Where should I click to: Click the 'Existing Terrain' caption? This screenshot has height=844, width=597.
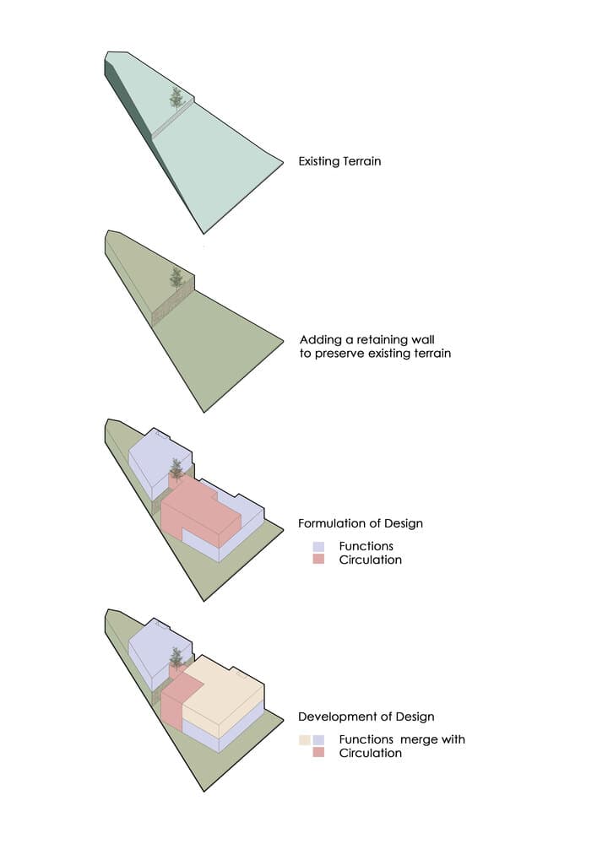tap(339, 161)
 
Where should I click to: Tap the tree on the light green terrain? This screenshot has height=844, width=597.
tap(176, 98)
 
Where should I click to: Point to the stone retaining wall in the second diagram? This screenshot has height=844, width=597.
tap(172, 302)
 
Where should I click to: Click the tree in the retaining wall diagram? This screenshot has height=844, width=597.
tap(176, 279)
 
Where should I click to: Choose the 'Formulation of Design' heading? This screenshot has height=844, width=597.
tap(361, 523)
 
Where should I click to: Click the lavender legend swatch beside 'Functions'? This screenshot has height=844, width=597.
tap(318, 546)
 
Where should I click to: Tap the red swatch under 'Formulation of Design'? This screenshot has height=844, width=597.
tap(318, 560)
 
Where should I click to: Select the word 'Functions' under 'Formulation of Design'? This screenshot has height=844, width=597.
tap(366, 546)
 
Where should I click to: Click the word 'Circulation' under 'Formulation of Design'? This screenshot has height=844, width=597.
tap(371, 560)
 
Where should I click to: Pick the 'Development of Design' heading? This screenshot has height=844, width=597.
tap(366, 717)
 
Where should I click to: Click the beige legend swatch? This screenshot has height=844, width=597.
tap(305, 740)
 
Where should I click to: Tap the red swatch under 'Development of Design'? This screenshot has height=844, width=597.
tap(318, 753)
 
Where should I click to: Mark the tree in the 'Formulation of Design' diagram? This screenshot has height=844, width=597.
tap(176, 468)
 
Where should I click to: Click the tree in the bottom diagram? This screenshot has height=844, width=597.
tap(176, 657)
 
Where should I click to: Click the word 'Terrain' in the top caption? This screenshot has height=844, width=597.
tap(361, 161)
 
